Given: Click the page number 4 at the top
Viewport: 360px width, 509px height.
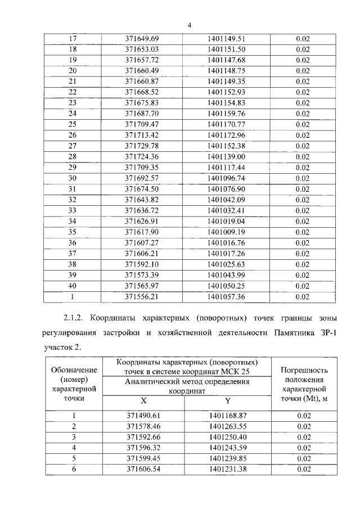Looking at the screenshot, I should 190,25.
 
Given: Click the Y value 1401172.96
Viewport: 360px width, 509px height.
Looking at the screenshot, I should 227,135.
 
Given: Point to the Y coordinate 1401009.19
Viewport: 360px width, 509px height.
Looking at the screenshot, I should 227,232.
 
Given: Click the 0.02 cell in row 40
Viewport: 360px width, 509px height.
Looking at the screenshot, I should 303,286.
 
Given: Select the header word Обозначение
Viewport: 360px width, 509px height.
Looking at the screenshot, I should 74,370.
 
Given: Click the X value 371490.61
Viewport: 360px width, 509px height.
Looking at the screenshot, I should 143,416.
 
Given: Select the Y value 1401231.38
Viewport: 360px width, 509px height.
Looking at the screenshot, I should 227,469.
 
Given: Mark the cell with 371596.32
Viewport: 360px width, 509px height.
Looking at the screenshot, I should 143,448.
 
